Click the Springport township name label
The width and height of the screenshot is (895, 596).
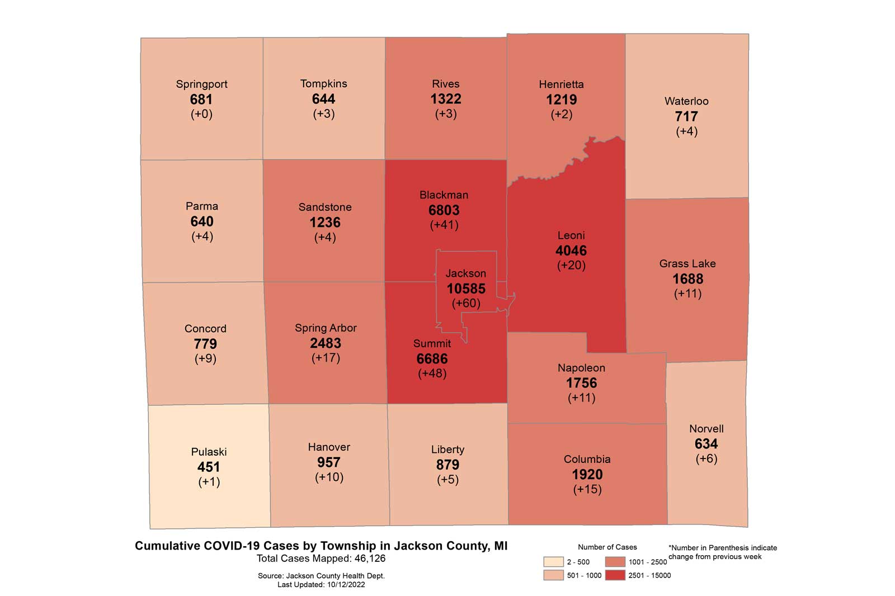click(201, 84)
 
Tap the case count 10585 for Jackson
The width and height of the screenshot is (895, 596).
click(465, 288)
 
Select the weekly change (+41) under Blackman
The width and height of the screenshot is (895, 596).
click(444, 225)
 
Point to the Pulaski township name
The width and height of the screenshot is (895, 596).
click(209, 452)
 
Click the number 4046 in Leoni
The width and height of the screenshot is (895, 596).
click(571, 250)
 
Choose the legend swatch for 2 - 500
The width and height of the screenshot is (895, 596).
click(553, 562)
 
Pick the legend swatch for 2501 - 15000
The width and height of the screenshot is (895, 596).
click(615, 575)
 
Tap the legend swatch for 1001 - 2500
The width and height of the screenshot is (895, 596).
click(615, 562)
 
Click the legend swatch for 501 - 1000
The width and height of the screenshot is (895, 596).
click(553, 575)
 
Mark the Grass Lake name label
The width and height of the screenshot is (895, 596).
click(687, 263)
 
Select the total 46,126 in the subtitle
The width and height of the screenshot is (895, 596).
click(368, 559)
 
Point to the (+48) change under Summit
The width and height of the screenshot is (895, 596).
click(432, 373)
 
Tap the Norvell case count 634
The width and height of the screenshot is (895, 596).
click(706, 444)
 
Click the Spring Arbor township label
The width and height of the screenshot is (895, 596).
click(326, 328)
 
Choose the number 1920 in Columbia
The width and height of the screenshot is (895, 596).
click(587, 475)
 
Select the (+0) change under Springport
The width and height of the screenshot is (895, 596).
click(201, 114)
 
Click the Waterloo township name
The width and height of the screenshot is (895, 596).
click(686, 101)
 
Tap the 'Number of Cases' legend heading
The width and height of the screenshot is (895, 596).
click(607, 547)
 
